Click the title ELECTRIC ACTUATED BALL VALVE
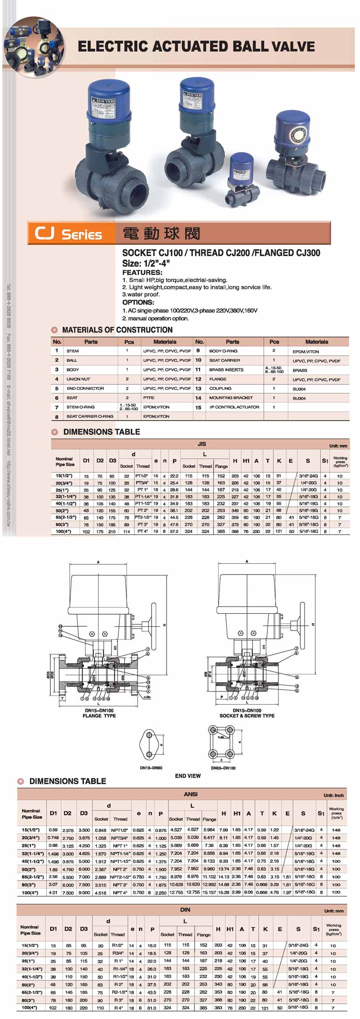[196, 47]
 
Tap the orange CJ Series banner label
[68, 233]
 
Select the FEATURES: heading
[142, 272]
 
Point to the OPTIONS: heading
[138, 302]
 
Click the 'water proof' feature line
[141, 294]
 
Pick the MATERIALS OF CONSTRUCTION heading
[117, 330]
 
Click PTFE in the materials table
[149, 398]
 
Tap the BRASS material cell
[300, 370]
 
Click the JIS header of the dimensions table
[201, 444]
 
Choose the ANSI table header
[191, 794]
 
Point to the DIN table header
[185, 909]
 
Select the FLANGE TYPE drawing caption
[99, 715]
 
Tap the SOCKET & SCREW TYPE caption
[247, 715]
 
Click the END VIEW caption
[188, 776]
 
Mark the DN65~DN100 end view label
[223, 768]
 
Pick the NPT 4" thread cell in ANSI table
[120, 893]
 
